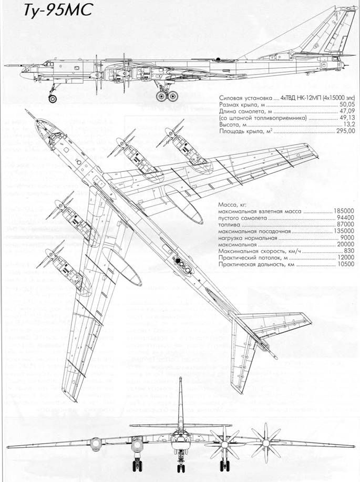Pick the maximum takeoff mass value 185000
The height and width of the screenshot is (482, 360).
point(344,211)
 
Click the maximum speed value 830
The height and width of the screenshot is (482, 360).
point(348,252)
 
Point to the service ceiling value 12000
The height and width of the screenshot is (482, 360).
point(345,259)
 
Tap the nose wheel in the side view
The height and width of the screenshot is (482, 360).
point(52,98)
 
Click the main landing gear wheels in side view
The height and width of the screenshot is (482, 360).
point(167,96)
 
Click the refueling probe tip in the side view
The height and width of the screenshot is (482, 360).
point(5,66)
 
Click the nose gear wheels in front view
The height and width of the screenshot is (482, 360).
point(180,465)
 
